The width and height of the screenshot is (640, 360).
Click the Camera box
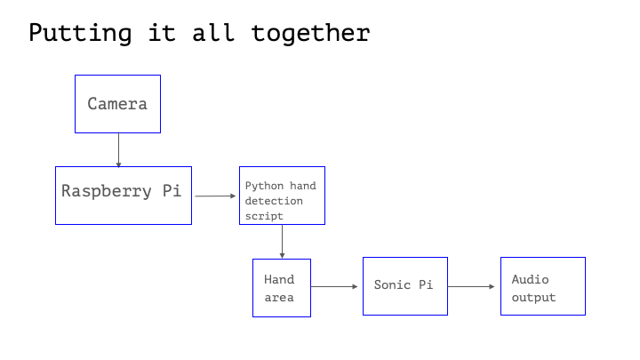point(117,104)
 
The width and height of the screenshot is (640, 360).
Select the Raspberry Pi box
point(123,195)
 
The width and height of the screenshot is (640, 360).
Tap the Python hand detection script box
point(282,196)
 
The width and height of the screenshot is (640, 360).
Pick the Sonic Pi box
point(404,285)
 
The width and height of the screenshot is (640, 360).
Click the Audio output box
point(542,285)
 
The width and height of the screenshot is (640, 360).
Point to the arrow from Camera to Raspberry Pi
point(118,149)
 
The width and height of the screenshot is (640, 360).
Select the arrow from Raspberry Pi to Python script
point(215,196)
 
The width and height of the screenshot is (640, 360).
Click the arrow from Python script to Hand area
point(282,240)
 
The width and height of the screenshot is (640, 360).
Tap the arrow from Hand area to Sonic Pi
point(336,286)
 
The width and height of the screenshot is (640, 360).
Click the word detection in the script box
point(274,201)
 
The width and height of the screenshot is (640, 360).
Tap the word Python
point(262,187)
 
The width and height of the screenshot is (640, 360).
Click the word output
point(533,297)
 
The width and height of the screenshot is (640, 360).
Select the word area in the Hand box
point(278,297)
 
